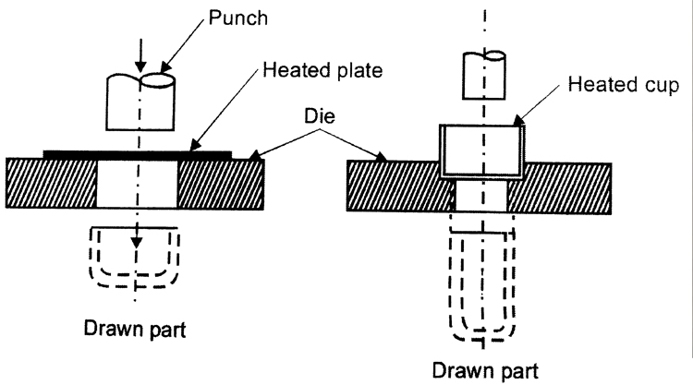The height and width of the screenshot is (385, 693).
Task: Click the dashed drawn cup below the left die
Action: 136,254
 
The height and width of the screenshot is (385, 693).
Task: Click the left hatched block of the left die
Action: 51,183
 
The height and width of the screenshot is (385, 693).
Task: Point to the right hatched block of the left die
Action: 221,183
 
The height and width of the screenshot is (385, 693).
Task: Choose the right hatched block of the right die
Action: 564,187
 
